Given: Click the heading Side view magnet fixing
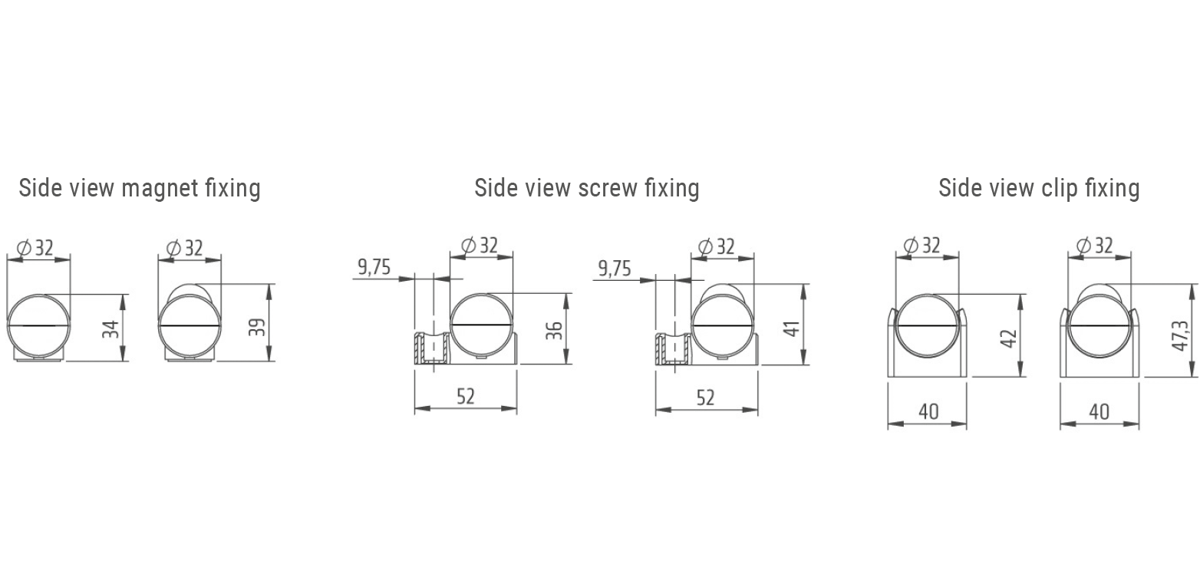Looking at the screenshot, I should pyautogui.click(x=140, y=188).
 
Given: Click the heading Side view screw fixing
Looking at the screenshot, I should pyautogui.click(x=586, y=188).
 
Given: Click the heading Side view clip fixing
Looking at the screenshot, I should pyautogui.click(x=1039, y=188).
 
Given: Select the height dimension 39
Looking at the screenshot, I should pyautogui.click(x=259, y=328).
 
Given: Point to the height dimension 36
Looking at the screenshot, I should pyautogui.click(x=555, y=331).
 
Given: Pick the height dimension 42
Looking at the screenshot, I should pyautogui.click(x=1010, y=338).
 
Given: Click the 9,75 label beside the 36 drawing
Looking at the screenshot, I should pyautogui.click(x=374, y=267).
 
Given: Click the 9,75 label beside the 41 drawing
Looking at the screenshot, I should pyautogui.click(x=615, y=268).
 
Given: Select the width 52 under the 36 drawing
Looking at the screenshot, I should pyautogui.click(x=466, y=396).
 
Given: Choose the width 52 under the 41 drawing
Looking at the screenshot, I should pyautogui.click(x=705, y=398).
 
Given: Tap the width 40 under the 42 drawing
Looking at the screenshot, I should pyautogui.click(x=928, y=411).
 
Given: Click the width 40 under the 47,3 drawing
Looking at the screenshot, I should pyautogui.click(x=1099, y=411).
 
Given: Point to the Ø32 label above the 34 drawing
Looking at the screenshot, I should pyautogui.click(x=35, y=248).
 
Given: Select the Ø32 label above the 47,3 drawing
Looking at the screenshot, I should pyautogui.click(x=1095, y=246).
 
